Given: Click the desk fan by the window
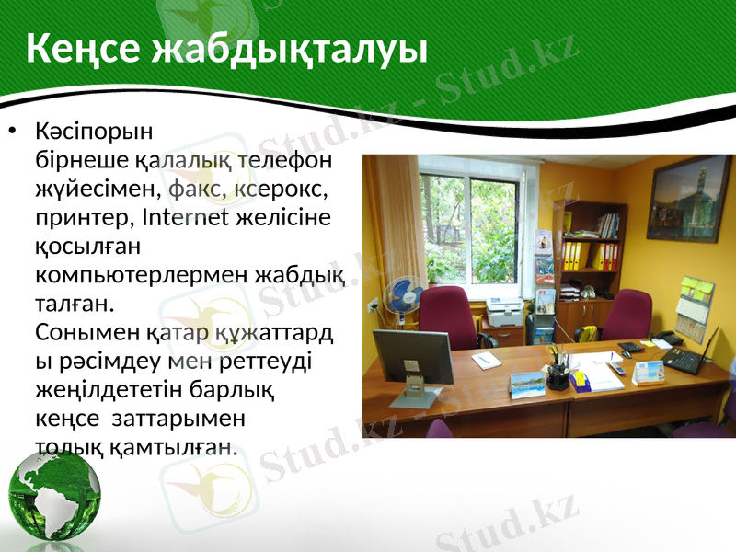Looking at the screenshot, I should [404, 300].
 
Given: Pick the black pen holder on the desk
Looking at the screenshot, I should [557, 375].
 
